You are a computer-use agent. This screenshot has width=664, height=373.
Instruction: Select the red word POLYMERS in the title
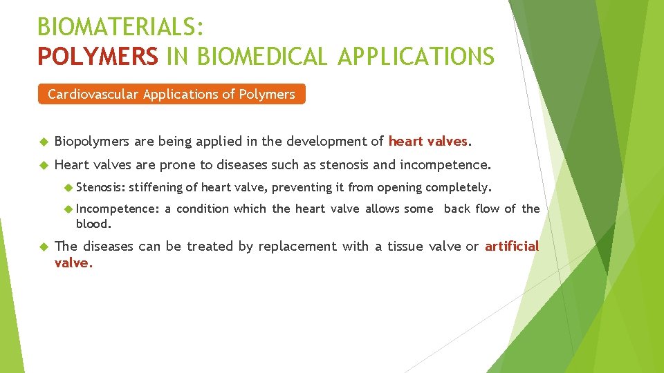point(98,56)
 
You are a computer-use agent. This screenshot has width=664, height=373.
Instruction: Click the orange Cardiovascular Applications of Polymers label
point(171,94)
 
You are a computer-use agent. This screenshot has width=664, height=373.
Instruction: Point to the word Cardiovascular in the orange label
point(93,94)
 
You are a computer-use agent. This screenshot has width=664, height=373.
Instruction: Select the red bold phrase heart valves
point(428,142)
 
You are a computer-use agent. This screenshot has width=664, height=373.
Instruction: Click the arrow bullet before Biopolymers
point(42,142)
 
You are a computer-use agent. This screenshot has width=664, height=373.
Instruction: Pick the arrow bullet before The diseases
point(42,247)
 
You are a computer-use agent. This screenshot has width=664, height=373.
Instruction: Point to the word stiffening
point(157,187)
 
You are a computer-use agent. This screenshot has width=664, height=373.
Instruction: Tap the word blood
point(93,224)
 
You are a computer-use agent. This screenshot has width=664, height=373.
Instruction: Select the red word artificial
point(512,246)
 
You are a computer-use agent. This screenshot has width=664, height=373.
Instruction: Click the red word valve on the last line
point(71,262)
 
